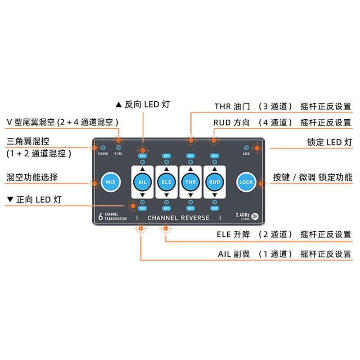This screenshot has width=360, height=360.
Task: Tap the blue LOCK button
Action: coord(246,182)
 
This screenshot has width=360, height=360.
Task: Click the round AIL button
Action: coord(142,182)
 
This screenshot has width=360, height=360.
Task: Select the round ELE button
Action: coord(166,182)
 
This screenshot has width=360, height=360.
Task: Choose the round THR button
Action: coord(190,182)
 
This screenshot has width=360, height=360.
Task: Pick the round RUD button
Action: coord(214,182)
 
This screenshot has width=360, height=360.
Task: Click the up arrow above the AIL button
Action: coord(142,170)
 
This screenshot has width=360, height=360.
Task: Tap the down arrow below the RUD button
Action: coord(214,195)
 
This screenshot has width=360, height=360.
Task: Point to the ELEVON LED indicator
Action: coord(103,148)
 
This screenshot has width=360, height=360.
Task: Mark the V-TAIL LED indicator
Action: coord(118,148)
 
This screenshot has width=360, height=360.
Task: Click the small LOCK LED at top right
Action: coord(246,148)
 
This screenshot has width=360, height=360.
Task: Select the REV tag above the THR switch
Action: coord(190,156)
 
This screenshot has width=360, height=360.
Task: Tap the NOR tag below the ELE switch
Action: coord(166,208)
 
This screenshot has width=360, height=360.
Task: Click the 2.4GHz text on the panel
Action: coord(243,215)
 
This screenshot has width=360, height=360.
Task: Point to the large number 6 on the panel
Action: coord(100,216)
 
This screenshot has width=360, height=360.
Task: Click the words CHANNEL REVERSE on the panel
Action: coord(179,218)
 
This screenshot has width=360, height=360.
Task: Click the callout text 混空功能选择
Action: coord(32,177)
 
